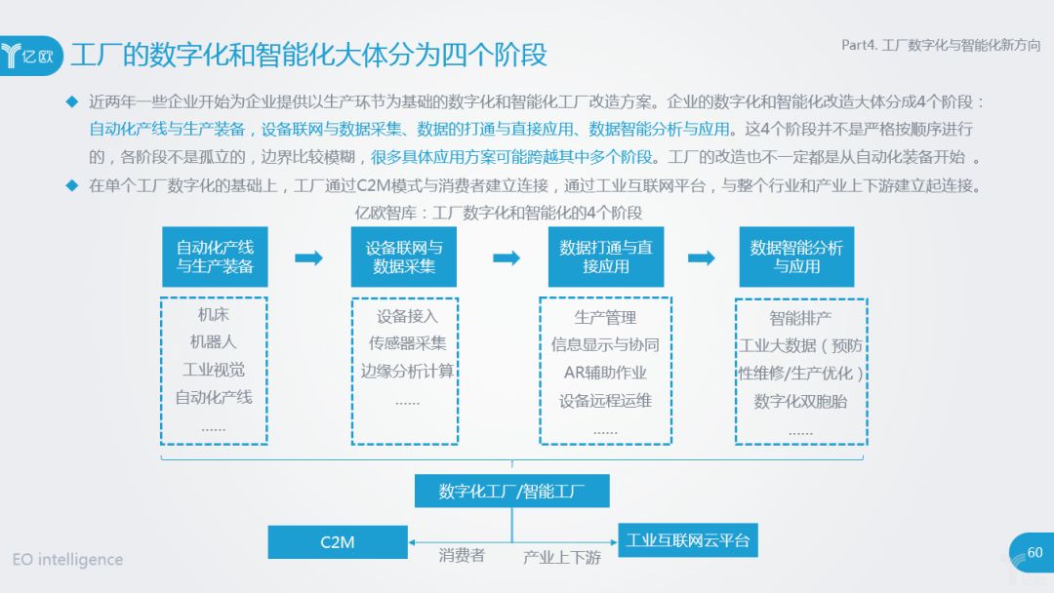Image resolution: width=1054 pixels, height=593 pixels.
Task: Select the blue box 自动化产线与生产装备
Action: click(215, 257)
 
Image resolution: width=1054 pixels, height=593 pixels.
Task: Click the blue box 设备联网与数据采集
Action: click(403, 257)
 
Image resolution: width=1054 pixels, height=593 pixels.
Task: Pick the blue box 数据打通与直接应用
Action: click(605, 257)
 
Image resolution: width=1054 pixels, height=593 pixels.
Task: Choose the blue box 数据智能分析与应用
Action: click(796, 257)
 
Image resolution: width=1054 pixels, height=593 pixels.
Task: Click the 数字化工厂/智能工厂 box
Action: click(511, 491)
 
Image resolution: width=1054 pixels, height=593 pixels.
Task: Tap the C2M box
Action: click(338, 541)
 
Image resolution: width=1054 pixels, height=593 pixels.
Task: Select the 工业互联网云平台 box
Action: click(687, 539)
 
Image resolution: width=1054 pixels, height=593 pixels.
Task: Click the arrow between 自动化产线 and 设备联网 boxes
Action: click(308, 257)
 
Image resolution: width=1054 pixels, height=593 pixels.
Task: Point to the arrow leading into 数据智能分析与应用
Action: click(701, 257)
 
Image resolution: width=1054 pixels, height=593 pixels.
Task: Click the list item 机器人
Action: click(214, 342)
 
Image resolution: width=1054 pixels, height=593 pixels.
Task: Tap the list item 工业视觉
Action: click(214, 370)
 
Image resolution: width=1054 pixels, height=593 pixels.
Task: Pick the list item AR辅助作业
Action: click(605, 373)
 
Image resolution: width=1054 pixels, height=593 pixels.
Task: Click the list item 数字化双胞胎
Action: click(800, 401)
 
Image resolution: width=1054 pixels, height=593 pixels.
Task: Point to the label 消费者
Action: click(462, 556)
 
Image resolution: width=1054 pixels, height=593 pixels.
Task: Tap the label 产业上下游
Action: click(562, 557)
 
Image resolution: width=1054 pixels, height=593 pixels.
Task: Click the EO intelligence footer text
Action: click(68, 560)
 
